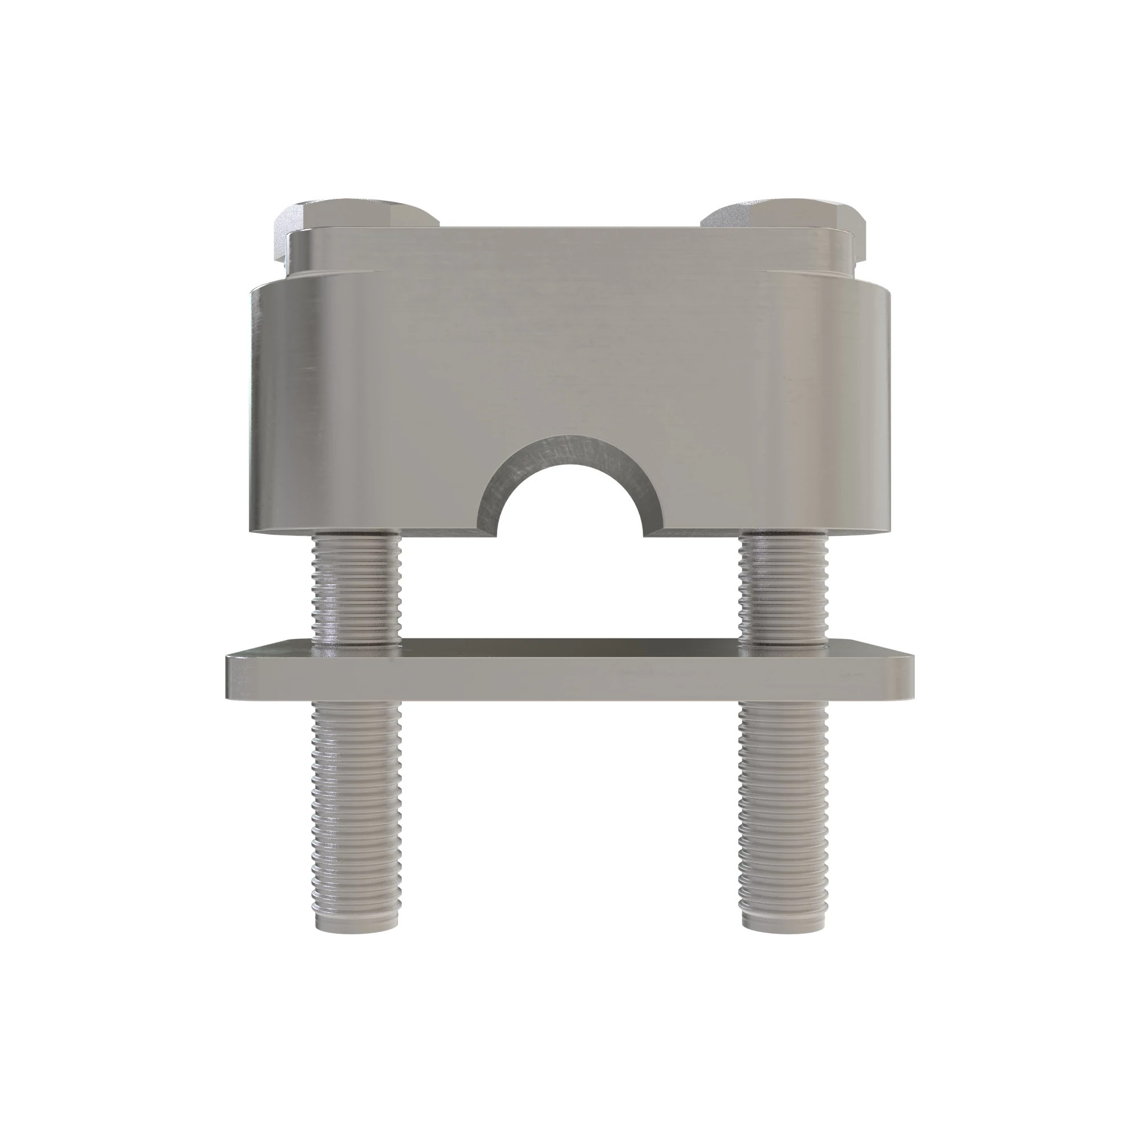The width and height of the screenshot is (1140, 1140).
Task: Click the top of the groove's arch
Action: pos(569,439)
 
